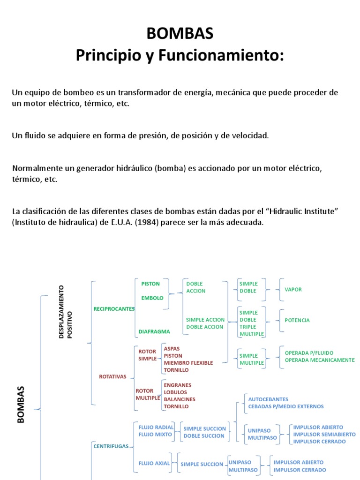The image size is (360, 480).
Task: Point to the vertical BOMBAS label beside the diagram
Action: (21, 405)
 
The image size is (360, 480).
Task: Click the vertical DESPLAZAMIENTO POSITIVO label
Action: (66, 312)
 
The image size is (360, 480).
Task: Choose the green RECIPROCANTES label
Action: (114, 309)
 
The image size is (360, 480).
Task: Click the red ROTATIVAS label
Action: (112, 376)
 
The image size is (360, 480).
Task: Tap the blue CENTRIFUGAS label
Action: (111, 446)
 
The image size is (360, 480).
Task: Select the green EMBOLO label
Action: (152, 298)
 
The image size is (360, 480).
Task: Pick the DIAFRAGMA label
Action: (154, 331)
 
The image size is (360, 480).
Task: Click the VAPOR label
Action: (293, 290)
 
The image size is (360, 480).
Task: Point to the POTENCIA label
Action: (297, 320)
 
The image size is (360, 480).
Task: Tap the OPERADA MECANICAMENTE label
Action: (320, 360)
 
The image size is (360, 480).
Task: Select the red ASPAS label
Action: (172, 349)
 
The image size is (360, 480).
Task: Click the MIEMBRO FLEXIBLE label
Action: (188, 363)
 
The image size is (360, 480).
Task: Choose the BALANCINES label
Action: (180, 399)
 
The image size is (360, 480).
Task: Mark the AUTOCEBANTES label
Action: (268, 399)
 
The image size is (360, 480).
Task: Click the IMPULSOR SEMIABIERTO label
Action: (324, 435)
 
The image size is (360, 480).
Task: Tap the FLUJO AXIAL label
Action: (154, 463)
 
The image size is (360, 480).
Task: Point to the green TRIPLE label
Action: (248, 327)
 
